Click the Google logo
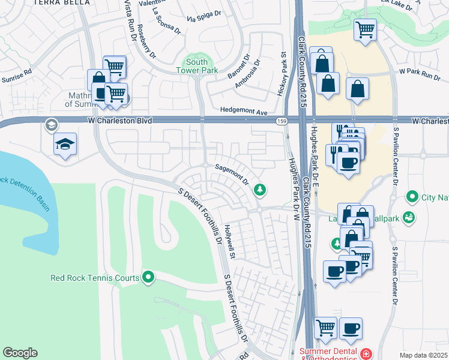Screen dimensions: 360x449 pos(20,353)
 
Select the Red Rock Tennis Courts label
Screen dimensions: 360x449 pos(94,277)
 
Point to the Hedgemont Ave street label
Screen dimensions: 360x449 pos(244,112)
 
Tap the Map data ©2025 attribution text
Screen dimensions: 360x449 pos(423,355)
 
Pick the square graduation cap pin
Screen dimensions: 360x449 pos(65,145)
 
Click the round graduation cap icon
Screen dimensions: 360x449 pos(50,125)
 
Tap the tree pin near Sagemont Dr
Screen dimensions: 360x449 pos(260,190)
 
